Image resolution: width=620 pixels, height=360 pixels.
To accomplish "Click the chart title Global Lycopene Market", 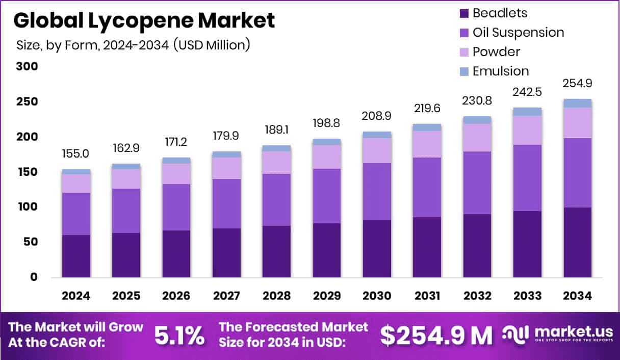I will coord(144,20).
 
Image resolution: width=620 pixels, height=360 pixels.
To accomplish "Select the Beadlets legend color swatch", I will coord(464,13).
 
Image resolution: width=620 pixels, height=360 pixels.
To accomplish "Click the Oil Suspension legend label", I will coord(518,33).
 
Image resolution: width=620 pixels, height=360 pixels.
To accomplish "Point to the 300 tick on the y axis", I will coord(27,67).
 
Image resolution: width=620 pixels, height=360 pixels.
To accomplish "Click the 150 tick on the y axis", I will coord(27,172).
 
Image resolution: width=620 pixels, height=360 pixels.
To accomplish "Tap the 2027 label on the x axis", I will coord(226,296).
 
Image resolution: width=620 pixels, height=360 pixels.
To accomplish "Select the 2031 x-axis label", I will coord(427,296).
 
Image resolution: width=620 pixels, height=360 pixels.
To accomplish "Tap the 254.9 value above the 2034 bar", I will coord(577,84).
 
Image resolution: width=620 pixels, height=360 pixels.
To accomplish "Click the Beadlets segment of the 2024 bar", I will coord(76,256).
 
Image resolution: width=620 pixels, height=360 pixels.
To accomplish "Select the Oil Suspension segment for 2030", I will coord(377,192).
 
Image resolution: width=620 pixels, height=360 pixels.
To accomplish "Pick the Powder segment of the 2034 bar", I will coord(577,123).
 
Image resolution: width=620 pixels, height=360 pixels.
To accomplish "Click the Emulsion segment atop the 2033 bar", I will coord(527,112).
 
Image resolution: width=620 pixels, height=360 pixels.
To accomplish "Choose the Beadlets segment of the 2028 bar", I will coord(276,251).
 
